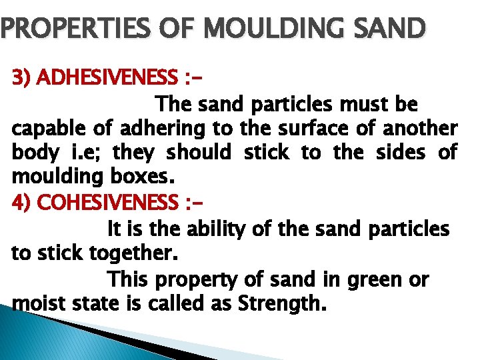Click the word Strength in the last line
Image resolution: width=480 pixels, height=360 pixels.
click(x=281, y=304)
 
